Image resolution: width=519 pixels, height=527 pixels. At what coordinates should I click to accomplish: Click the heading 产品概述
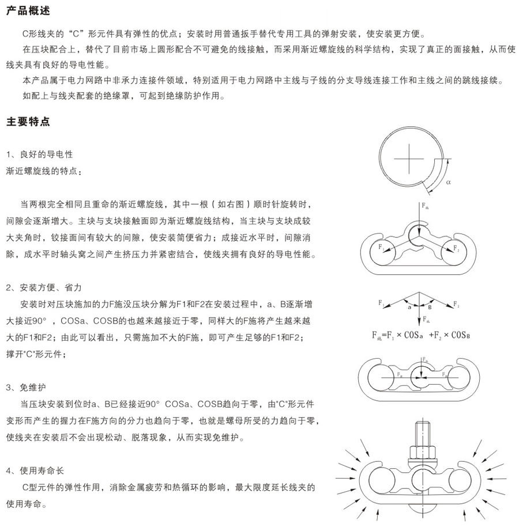tap(27, 11)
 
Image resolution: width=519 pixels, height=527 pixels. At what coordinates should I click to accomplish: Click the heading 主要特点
tap(27, 122)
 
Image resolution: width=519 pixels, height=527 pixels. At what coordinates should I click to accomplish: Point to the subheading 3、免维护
tap(28, 386)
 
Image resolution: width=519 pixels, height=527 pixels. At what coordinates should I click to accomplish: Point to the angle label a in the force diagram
tap(409, 308)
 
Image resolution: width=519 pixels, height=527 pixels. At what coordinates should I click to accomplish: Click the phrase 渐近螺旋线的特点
tap(44, 171)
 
